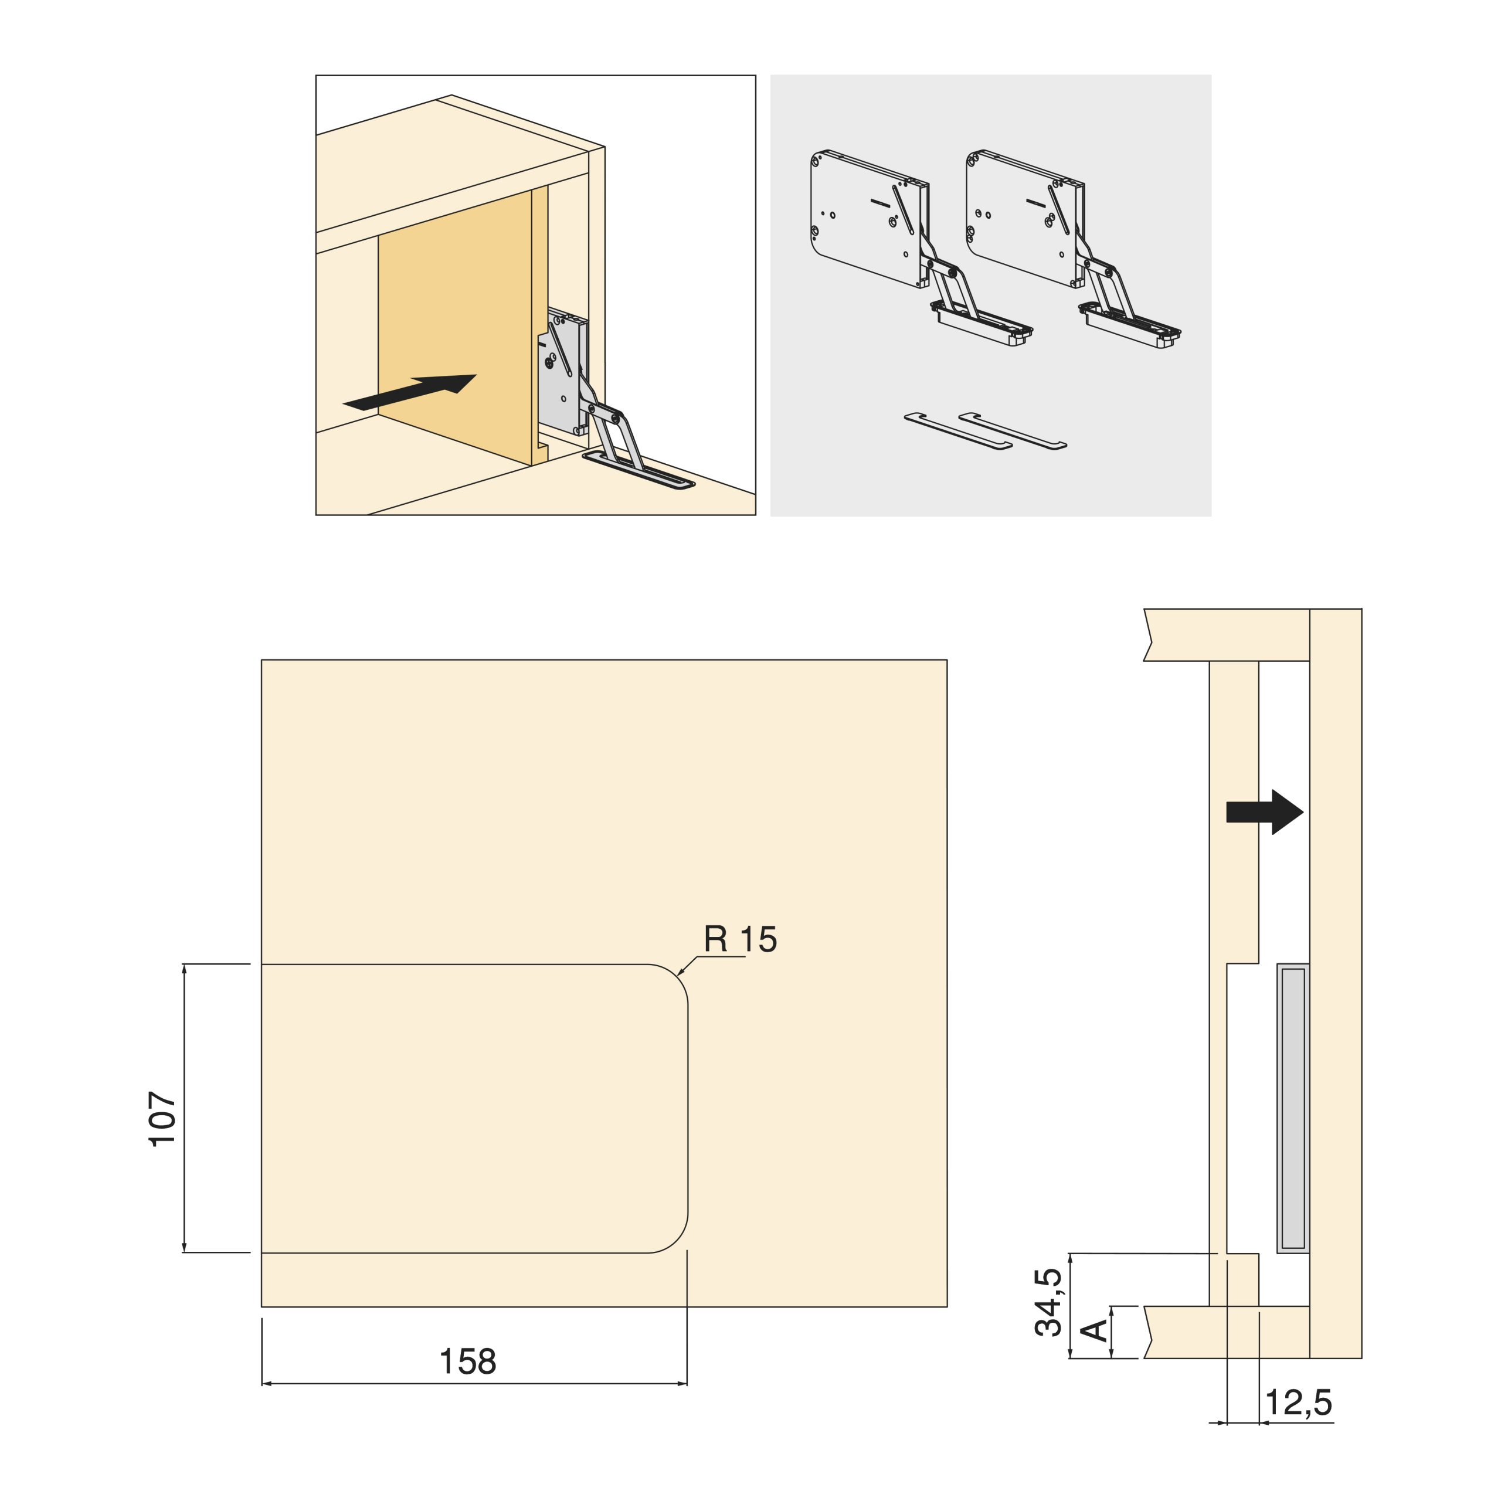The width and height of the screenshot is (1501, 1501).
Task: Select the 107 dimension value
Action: tap(163, 1118)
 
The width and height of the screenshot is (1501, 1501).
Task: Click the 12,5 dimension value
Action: tap(1299, 1402)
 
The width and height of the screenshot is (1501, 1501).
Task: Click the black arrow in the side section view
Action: tap(1264, 813)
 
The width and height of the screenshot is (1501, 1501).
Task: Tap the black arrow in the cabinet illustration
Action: tap(409, 392)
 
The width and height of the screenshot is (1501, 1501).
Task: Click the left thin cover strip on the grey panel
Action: tap(959, 432)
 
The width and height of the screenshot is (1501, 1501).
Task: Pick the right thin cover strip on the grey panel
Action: tap(1013, 430)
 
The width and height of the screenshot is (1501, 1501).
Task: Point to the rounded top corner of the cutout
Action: tap(676, 976)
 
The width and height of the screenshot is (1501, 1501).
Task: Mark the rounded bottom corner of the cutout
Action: tap(676, 1241)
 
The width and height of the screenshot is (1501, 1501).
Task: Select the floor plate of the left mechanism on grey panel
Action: tap(982, 324)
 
